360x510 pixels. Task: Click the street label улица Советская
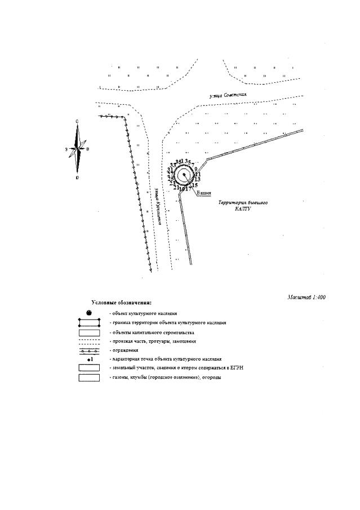click(x=228, y=96)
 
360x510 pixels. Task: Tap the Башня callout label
click(x=204, y=193)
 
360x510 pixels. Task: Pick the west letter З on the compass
click(x=66, y=149)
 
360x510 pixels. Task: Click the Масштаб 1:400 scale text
click(x=306, y=297)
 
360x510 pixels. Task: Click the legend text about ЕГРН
click(x=169, y=367)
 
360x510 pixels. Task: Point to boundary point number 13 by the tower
click(x=198, y=179)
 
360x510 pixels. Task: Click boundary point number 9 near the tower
click(x=195, y=168)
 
